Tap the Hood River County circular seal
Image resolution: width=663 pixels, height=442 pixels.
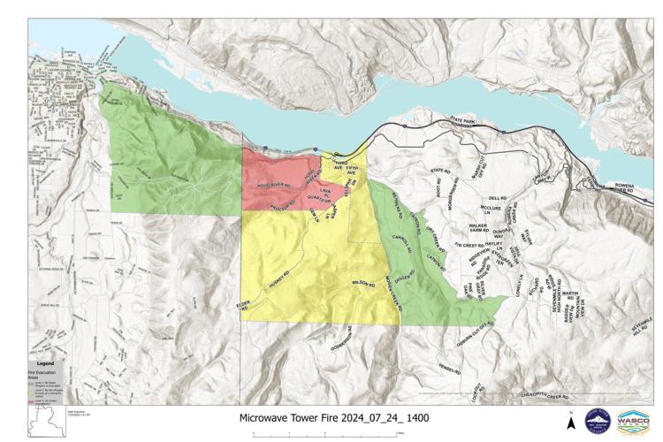(x=598, y=419)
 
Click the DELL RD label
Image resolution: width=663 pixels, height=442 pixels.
(x=496, y=199)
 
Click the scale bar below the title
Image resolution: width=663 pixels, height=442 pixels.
(x=326, y=432)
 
